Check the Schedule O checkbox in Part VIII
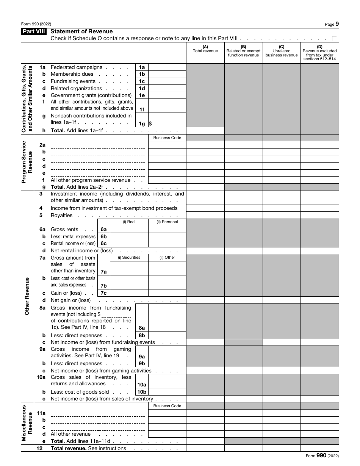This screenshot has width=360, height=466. (x=335, y=39)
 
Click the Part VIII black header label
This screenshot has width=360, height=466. (x=34, y=32)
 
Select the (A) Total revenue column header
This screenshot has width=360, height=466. (x=205, y=49)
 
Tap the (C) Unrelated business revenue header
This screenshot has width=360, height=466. (x=282, y=51)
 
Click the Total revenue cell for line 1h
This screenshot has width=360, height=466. (x=205, y=131)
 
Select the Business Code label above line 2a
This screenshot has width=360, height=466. (x=167, y=138)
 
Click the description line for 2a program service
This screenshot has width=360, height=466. (x=98, y=145)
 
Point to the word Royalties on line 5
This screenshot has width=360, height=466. (x=61, y=216)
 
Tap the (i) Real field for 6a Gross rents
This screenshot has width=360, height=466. (x=129, y=230)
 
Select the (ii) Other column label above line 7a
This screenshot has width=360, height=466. (x=167, y=258)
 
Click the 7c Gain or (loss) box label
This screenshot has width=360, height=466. (x=103, y=293)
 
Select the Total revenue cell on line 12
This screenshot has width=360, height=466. (x=205, y=449)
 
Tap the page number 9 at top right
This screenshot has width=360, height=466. (x=337, y=24)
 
